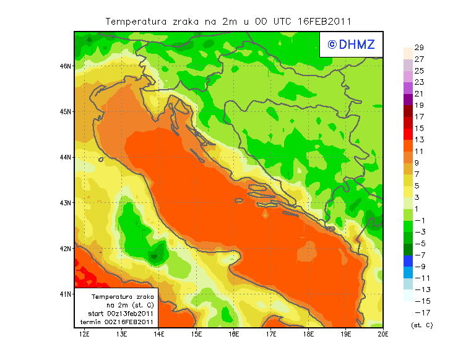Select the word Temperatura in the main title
[132, 21]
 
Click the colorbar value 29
[419, 48]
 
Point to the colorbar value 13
[419, 140]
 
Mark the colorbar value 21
[419, 94]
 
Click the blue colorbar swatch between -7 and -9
[407, 260]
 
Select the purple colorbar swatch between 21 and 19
[407, 100]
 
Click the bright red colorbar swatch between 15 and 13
[407, 134]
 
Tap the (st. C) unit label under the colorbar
[421, 325]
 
